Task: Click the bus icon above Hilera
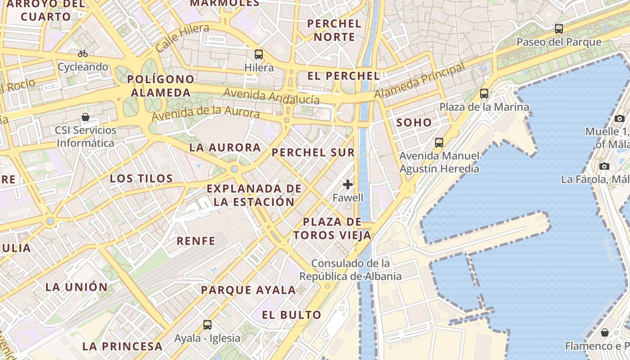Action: click(259, 54)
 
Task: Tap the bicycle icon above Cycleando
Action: click(83, 54)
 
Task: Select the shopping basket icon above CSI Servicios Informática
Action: click(85, 117)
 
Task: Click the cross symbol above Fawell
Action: click(348, 184)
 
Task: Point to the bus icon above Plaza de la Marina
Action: click(484, 94)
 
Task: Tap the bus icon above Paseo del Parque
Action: click(559, 29)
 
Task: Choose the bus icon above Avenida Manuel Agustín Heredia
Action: click(439, 143)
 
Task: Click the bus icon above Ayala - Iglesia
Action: click(207, 324)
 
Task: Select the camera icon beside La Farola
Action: click(604, 166)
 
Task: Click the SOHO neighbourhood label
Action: click(414, 122)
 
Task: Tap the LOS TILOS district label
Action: click(141, 178)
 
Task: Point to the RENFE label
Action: click(196, 241)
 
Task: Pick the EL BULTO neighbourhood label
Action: click(292, 315)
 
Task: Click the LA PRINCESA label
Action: click(122, 346)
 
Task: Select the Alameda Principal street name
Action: click(419, 81)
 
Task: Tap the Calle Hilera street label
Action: click(182, 38)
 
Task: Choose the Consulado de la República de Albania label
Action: click(351, 269)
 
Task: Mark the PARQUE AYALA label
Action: click(248, 290)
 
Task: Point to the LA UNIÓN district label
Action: click(76, 287)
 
